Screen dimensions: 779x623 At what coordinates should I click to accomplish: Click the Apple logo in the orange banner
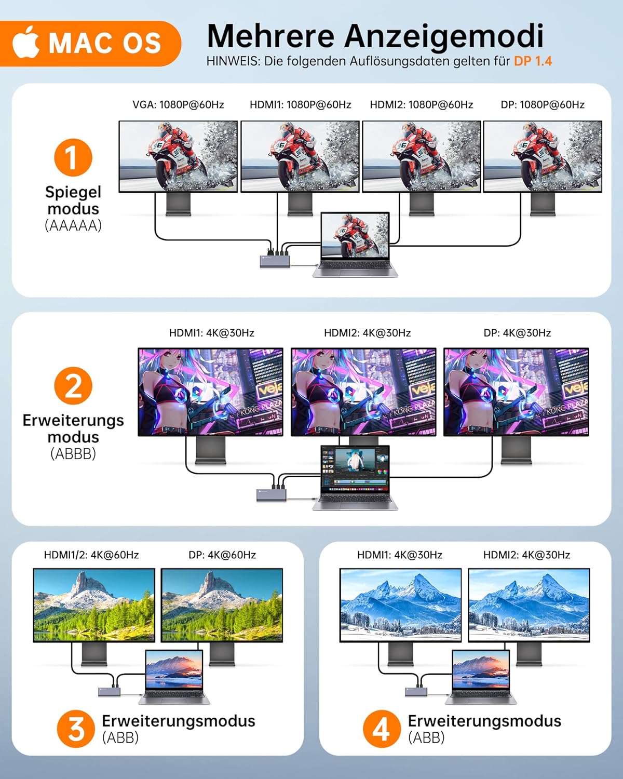pyautogui.click(x=26, y=43)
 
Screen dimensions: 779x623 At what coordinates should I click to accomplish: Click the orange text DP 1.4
pyautogui.click(x=533, y=61)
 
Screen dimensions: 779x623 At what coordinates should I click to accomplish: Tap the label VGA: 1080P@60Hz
pyautogui.click(x=178, y=105)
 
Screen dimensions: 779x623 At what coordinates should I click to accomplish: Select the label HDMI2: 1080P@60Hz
pyautogui.click(x=421, y=105)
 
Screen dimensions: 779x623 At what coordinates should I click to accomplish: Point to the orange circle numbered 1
pyautogui.click(x=73, y=158)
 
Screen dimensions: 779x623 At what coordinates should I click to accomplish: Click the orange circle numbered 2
pyautogui.click(x=73, y=386)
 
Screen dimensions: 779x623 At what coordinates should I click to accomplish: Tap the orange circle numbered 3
pyautogui.click(x=76, y=729)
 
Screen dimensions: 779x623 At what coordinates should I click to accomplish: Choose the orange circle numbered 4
pyautogui.click(x=382, y=729)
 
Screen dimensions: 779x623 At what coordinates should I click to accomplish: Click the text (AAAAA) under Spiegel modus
pyautogui.click(x=73, y=226)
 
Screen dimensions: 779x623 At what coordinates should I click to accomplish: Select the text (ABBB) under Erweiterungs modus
pyautogui.click(x=73, y=454)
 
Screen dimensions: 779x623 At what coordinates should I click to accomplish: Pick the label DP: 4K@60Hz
pyautogui.click(x=222, y=555)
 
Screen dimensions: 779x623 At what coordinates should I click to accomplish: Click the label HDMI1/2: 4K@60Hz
pyautogui.click(x=91, y=555)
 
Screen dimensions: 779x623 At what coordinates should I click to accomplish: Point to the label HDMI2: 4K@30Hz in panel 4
pyautogui.click(x=526, y=555)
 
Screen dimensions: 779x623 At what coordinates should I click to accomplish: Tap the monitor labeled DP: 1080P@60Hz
pyautogui.click(x=543, y=156)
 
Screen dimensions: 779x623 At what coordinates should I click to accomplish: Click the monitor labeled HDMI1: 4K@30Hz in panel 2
pyautogui.click(x=210, y=392)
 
